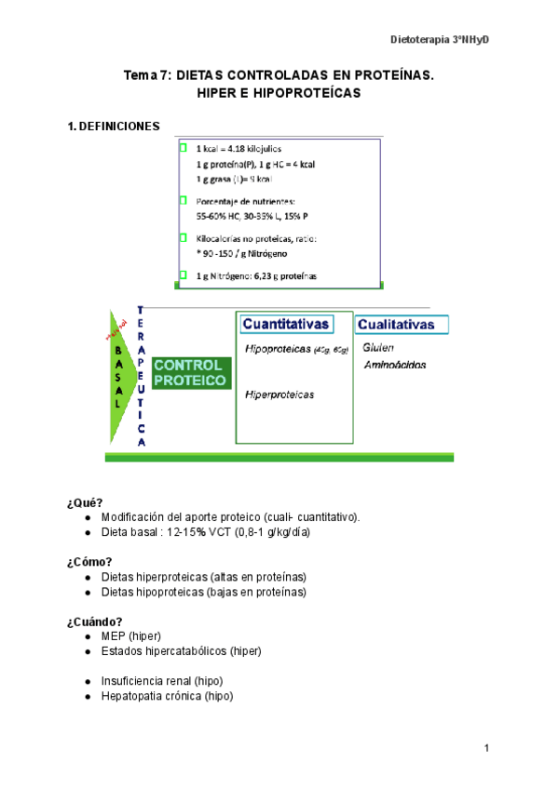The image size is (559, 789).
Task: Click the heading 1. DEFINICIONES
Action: [x=113, y=127]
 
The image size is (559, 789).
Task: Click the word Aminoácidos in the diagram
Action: [x=395, y=365]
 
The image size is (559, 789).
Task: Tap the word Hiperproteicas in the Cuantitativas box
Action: [x=279, y=394]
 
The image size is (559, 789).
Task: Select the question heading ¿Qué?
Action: [x=85, y=502]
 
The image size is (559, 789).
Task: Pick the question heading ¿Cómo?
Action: [x=90, y=561]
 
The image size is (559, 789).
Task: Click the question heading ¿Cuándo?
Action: [x=95, y=622]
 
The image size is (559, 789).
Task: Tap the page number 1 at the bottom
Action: [x=486, y=749]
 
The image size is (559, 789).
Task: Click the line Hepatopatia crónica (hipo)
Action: [x=167, y=696]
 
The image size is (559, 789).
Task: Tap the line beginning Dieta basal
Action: [x=206, y=532]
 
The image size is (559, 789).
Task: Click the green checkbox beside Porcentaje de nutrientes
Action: [x=184, y=200]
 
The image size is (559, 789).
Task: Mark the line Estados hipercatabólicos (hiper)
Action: [x=181, y=651]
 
